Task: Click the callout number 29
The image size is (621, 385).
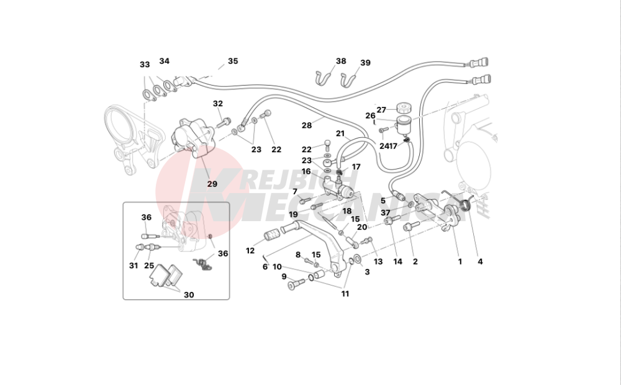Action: point(212,184)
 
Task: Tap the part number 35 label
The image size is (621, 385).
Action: point(233,61)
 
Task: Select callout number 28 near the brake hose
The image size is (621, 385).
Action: point(307,125)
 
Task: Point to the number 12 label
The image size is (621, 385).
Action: point(250,251)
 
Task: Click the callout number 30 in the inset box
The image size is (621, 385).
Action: point(189,295)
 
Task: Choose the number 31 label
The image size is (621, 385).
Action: point(134,265)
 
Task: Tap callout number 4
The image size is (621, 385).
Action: point(480,261)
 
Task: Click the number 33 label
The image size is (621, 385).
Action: point(145,65)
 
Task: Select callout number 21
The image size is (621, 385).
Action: point(340,134)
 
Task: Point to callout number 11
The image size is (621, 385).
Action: point(345,294)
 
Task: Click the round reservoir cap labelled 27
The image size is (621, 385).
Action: point(403,107)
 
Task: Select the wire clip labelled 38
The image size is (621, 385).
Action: point(324,78)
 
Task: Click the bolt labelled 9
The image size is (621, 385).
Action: point(297,283)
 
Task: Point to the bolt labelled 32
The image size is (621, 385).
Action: point(224,122)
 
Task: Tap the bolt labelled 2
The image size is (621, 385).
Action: point(411,226)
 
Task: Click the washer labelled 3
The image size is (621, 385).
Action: point(358,259)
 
